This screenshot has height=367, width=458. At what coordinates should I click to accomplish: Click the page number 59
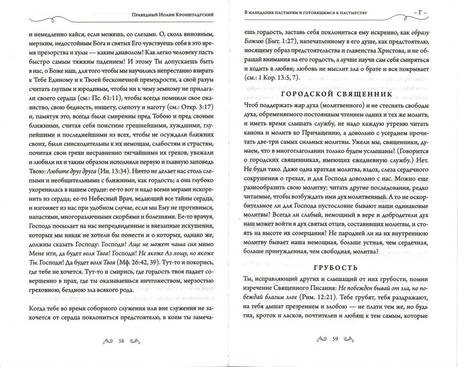point(335,339)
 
